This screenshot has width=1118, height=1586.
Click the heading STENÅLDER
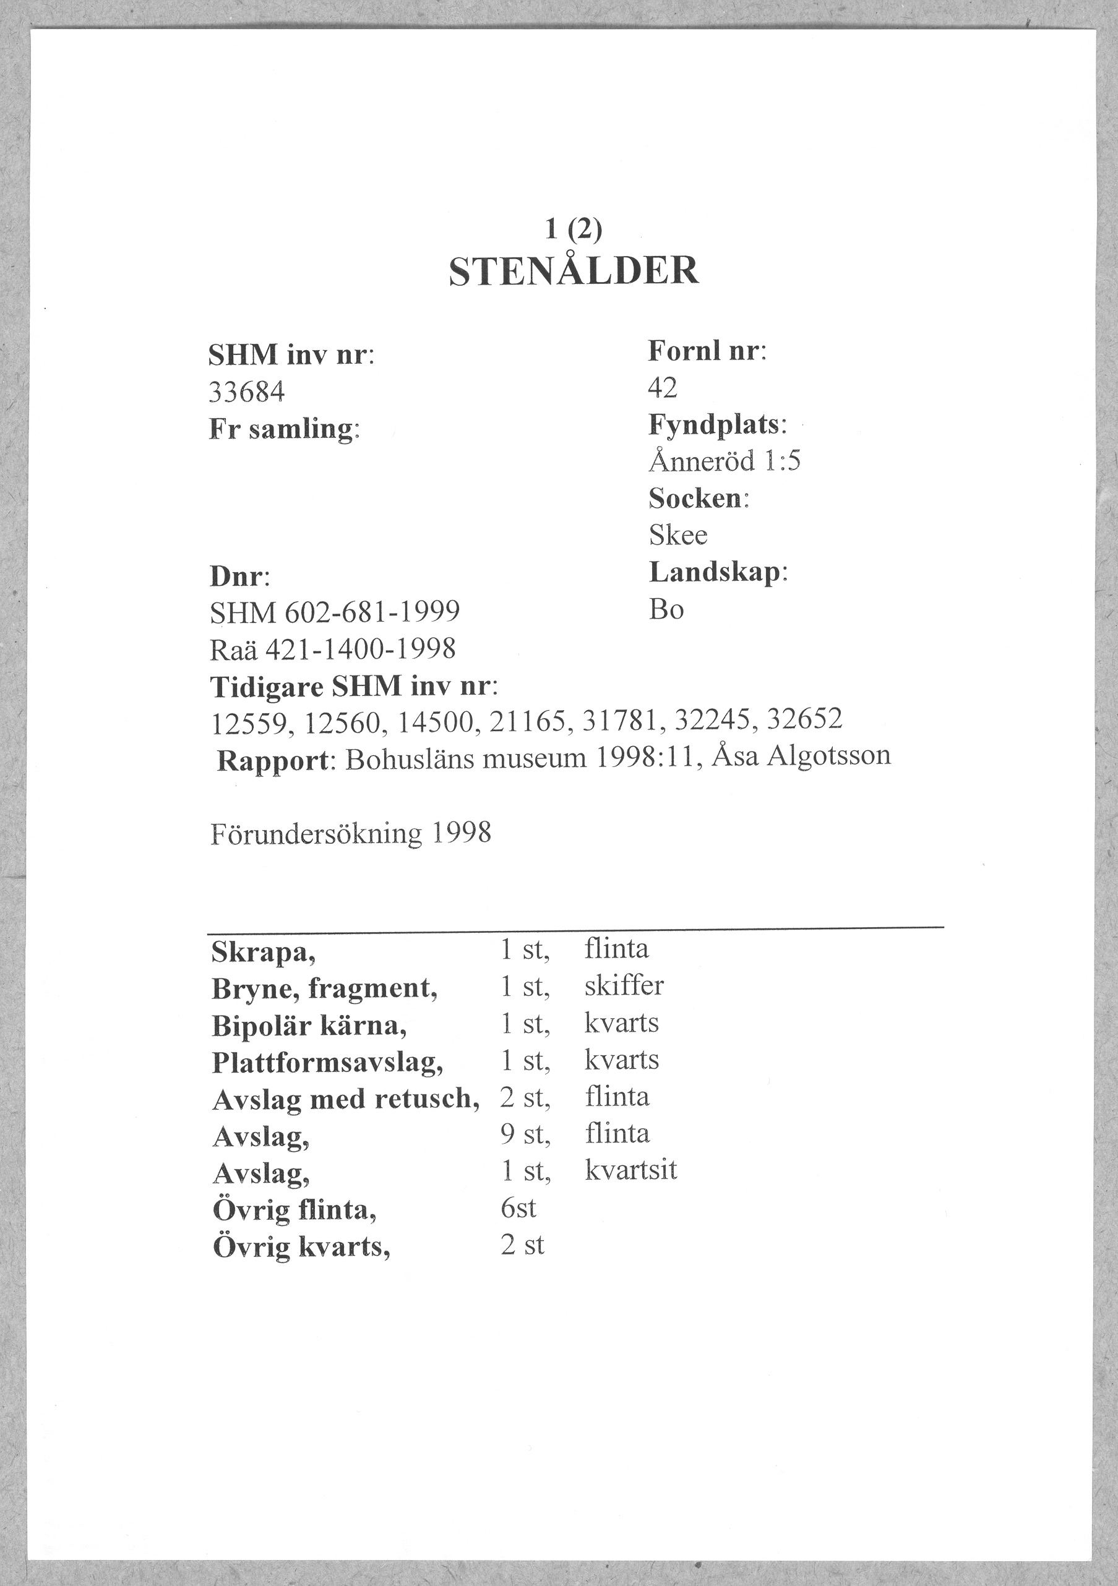click(574, 271)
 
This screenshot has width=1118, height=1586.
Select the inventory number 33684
click(247, 392)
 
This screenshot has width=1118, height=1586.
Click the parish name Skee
click(678, 534)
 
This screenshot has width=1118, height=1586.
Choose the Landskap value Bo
click(666, 609)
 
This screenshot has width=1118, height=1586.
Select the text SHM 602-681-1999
click(335, 611)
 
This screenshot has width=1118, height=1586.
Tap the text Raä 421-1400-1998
click(332, 649)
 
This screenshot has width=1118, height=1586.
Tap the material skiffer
click(623, 986)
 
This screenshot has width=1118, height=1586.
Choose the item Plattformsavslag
click(327, 1061)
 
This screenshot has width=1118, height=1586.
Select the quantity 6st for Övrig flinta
click(518, 1207)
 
